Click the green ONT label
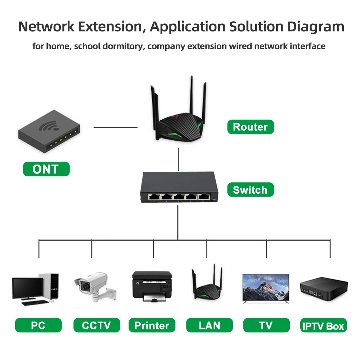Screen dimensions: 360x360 pyautogui.click(x=46, y=169)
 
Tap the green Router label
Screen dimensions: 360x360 pyautogui.click(x=250, y=127)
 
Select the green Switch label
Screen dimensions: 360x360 pyautogui.click(x=250, y=190)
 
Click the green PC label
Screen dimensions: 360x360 pyautogui.click(x=38, y=325)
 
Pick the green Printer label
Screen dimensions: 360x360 pyautogui.click(x=152, y=325)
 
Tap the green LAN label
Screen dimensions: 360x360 pyautogui.click(x=209, y=325)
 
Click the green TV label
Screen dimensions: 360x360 pyautogui.click(x=266, y=325)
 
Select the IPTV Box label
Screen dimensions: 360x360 pyautogui.click(x=323, y=326)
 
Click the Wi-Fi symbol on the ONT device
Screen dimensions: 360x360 pyautogui.click(x=50, y=126)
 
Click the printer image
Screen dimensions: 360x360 pyautogui.click(x=152, y=286)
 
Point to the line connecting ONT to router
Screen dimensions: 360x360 pyautogui.click(x=115, y=127)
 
